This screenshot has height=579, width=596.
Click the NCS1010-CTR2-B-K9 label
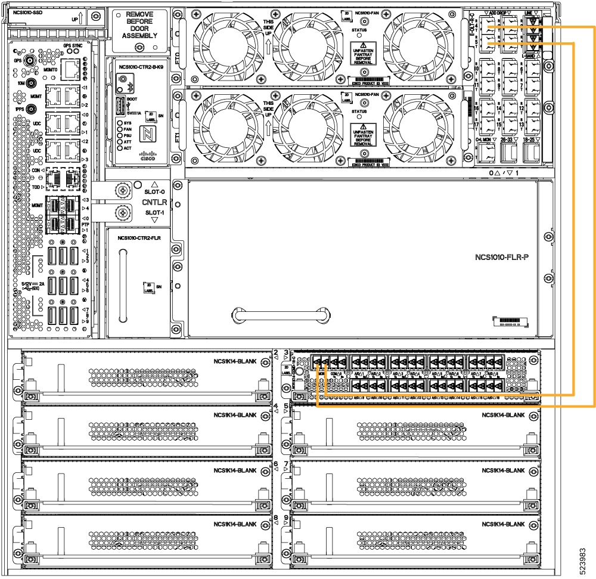[x=141, y=67]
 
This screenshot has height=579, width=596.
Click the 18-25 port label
[x=529, y=139]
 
